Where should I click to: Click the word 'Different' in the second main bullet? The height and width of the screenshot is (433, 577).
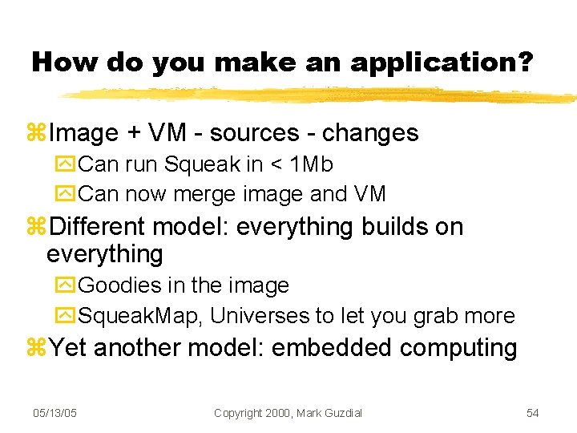(x=98, y=227)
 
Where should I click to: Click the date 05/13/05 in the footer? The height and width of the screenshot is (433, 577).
(x=54, y=412)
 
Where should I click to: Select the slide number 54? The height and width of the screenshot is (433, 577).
(x=532, y=412)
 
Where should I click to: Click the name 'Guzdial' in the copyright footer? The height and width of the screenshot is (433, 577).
(x=341, y=412)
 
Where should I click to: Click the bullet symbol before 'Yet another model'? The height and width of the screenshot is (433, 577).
(x=37, y=349)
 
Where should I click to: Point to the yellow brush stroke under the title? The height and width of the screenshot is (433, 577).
(x=321, y=95)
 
